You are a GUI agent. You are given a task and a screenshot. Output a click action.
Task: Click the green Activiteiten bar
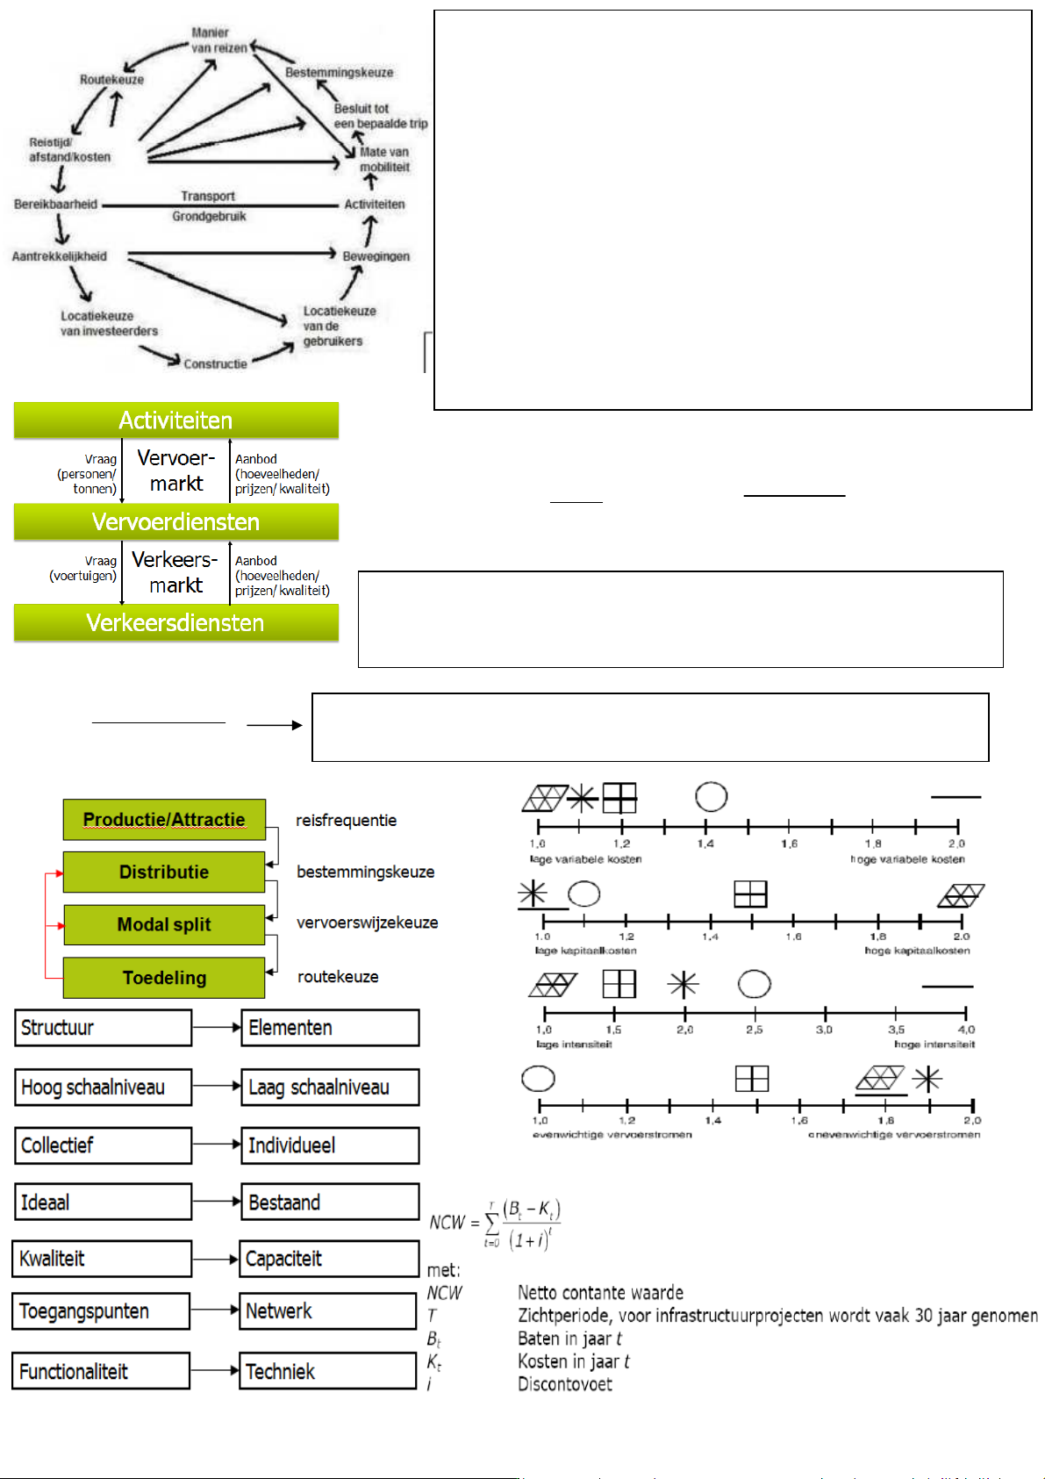(x=175, y=420)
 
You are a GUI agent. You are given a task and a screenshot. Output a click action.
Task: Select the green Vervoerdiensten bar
(x=175, y=522)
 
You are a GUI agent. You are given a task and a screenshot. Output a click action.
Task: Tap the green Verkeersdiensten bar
(x=175, y=623)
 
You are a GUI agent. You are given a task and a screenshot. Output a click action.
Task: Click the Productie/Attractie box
(x=164, y=820)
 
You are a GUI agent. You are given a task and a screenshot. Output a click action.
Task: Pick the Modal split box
(x=164, y=924)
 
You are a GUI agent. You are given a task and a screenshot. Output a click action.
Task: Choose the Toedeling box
(x=164, y=978)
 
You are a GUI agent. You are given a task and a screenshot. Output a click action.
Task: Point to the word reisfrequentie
(x=346, y=821)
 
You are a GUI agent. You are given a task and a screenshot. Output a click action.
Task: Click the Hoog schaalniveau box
(x=103, y=1088)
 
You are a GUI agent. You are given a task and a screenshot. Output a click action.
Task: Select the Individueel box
(x=330, y=1145)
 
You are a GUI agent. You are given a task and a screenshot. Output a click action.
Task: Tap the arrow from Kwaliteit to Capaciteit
(x=215, y=1260)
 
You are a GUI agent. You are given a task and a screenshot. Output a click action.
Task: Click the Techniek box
(x=327, y=1371)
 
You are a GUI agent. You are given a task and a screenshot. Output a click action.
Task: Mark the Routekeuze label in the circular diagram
(x=111, y=80)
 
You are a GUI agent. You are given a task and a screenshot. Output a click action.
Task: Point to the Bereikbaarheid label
(x=55, y=205)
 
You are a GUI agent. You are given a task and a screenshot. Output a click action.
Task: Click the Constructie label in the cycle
(x=215, y=364)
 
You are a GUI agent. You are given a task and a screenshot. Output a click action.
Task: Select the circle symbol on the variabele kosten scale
(x=711, y=797)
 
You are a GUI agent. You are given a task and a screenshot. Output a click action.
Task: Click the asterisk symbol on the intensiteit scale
(x=683, y=985)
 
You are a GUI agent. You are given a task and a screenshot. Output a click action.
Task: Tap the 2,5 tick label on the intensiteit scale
(x=754, y=1030)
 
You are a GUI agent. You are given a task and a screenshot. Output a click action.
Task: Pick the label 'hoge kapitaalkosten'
(x=917, y=951)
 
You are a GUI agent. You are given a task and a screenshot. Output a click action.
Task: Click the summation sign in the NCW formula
(x=492, y=1223)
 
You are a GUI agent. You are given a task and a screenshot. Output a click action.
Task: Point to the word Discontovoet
(x=564, y=1384)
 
